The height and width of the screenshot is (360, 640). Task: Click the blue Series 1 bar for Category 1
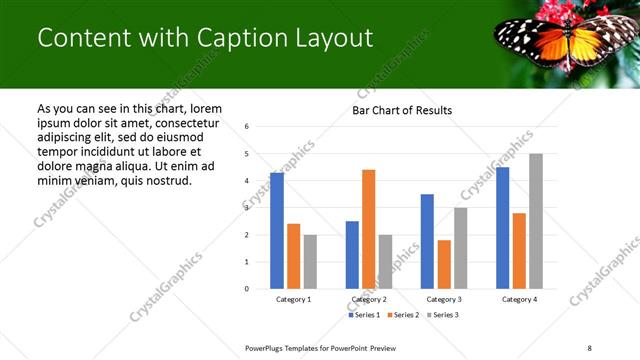click(277, 231)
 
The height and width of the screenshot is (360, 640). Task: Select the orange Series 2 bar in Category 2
click(368, 229)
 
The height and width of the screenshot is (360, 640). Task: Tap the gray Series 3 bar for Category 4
click(536, 221)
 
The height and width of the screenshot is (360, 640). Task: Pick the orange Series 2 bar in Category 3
click(444, 264)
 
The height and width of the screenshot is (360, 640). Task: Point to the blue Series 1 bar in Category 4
click(502, 228)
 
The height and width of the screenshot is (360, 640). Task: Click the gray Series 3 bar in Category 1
click(310, 262)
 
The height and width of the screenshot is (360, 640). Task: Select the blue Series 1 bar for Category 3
click(427, 241)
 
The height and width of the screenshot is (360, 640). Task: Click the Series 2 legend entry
click(402, 315)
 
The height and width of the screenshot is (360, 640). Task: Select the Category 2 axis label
click(368, 299)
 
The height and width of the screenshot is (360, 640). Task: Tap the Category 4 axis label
click(519, 299)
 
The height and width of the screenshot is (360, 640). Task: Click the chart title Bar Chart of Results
click(402, 110)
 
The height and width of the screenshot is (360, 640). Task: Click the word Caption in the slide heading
click(214, 38)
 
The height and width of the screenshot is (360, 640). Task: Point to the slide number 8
click(589, 347)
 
